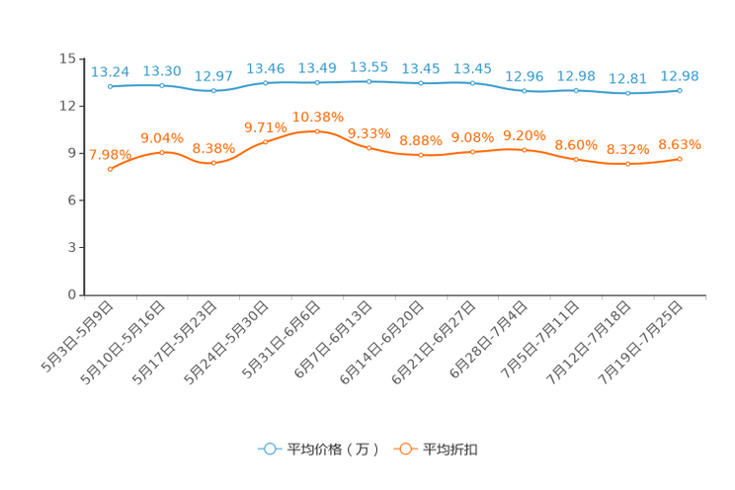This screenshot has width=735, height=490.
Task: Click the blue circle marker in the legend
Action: (x=268, y=449)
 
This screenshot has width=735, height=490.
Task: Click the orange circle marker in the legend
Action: (x=404, y=449)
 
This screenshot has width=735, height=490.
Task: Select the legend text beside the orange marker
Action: (x=451, y=449)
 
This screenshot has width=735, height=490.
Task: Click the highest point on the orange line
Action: (x=317, y=131)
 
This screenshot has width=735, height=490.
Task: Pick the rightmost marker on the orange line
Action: (x=680, y=159)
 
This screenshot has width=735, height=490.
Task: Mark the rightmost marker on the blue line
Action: (x=680, y=90)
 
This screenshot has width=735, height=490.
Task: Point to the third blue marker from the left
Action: (x=213, y=91)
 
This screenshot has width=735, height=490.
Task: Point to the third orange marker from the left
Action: (x=213, y=163)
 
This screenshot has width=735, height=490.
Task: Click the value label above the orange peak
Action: (x=317, y=117)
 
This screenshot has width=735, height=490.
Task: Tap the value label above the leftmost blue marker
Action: (x=111, y=71)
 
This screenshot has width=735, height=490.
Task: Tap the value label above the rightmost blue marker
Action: (x=680, y=75)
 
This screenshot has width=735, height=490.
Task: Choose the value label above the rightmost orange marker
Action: (x=680, y=145)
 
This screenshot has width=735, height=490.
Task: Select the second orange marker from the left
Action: (x=162, y=152)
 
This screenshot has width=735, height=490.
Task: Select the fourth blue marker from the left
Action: (x=265, y=83)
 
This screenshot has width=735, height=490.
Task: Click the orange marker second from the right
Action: (x=627, y=164)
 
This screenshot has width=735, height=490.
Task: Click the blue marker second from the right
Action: (x=627, y=93)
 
